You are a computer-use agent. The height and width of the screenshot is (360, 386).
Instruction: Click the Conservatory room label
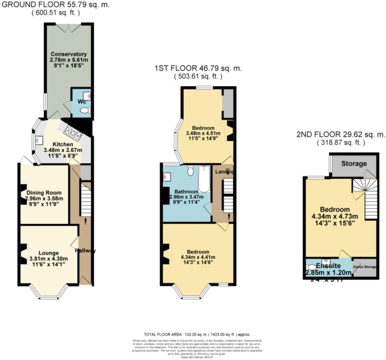pos(69,54)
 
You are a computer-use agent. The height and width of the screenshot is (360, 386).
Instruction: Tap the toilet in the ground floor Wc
pos(86,110)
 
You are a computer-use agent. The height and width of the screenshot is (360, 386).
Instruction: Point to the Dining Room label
pos(44,193)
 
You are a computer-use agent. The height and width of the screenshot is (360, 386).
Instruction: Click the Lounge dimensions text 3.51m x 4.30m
pos(49,259)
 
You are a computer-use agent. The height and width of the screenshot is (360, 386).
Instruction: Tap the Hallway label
pos(85,251)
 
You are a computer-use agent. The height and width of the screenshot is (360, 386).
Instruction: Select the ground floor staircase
pos(86,200)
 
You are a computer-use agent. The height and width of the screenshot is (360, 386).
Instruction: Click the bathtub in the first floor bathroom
pos(204,179)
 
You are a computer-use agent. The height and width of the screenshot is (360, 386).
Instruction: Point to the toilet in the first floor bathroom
pos(190,171)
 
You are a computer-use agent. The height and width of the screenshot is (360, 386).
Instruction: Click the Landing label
pos(224,172)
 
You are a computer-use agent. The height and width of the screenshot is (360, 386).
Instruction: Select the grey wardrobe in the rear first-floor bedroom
pos(228,103)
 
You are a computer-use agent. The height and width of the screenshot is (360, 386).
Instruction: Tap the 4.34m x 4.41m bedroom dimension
pos(198,257)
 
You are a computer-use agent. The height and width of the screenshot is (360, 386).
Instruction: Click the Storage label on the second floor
pos(354,163)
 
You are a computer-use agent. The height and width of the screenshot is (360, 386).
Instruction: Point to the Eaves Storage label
pos(365,267)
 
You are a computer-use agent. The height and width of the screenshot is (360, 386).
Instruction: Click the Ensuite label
pos(328,266)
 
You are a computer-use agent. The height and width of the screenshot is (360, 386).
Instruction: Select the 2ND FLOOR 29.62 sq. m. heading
pos(341,134)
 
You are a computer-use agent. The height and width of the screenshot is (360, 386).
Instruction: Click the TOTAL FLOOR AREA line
pos(197,334)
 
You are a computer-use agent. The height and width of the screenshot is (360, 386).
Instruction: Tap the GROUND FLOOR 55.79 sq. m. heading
pos(55,5)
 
